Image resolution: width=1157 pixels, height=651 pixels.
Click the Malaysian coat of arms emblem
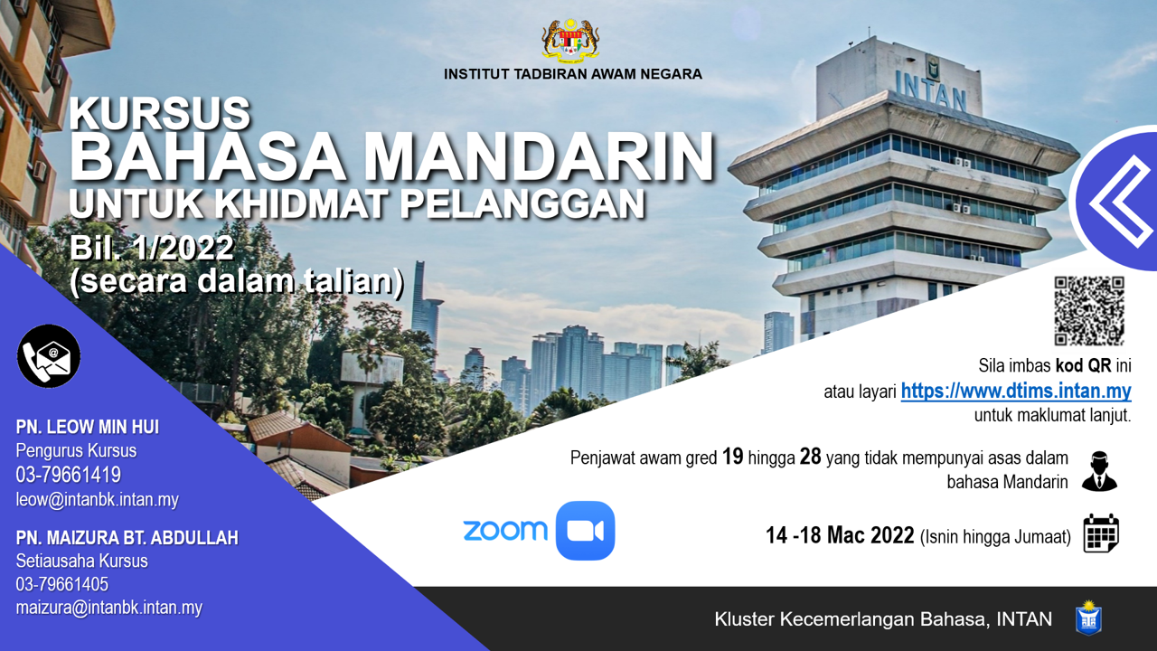pos(570,40)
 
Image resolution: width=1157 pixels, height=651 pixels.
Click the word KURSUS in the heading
pos(160,113)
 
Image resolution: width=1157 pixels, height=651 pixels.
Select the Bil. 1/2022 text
pos(152,248)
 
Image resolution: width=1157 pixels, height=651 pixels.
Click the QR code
pos(1089,310)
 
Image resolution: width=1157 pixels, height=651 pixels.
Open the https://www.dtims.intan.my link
pos(1016,392)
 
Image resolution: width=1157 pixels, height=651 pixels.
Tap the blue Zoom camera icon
pos(585,530)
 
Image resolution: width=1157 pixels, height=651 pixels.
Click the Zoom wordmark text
pos(505,530)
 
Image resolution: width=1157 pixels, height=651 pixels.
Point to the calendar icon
pos(1101,533)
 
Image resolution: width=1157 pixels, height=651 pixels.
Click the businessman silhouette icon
pos(1099,471)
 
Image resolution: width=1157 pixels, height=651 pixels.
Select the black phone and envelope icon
pos(49,356)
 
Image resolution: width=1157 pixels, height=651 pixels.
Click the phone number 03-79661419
pos(68,475)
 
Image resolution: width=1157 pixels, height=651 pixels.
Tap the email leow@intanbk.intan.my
pos(97,500)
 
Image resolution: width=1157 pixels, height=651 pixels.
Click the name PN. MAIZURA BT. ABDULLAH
pos(127,538)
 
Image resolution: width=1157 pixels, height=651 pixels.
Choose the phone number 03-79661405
pos(62,584)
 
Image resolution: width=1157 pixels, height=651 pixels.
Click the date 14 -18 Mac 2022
pos(840,535)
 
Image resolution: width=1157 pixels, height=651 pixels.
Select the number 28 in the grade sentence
pos(810,457)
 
